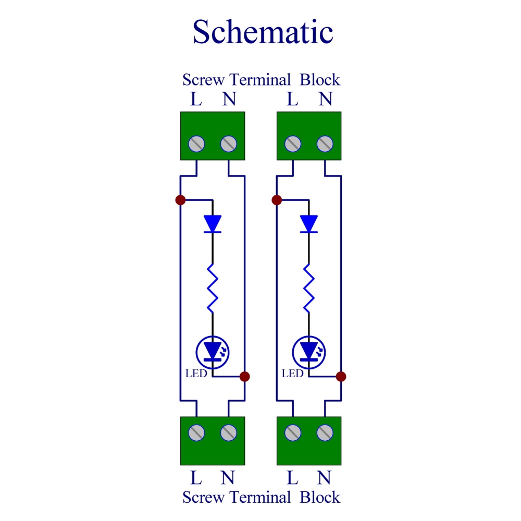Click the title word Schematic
263,32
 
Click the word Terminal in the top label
260,80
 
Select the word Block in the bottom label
320,497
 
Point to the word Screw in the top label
204,80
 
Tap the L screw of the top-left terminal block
197,143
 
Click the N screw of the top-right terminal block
325,143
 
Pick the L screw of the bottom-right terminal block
293,432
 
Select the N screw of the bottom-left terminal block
229,432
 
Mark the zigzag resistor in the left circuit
213,288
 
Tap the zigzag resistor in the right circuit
309,288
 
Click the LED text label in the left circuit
196,374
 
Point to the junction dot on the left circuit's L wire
180,200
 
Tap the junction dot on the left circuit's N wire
245,376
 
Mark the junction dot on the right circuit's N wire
341,376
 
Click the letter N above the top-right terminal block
325,99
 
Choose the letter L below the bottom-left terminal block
196,478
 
